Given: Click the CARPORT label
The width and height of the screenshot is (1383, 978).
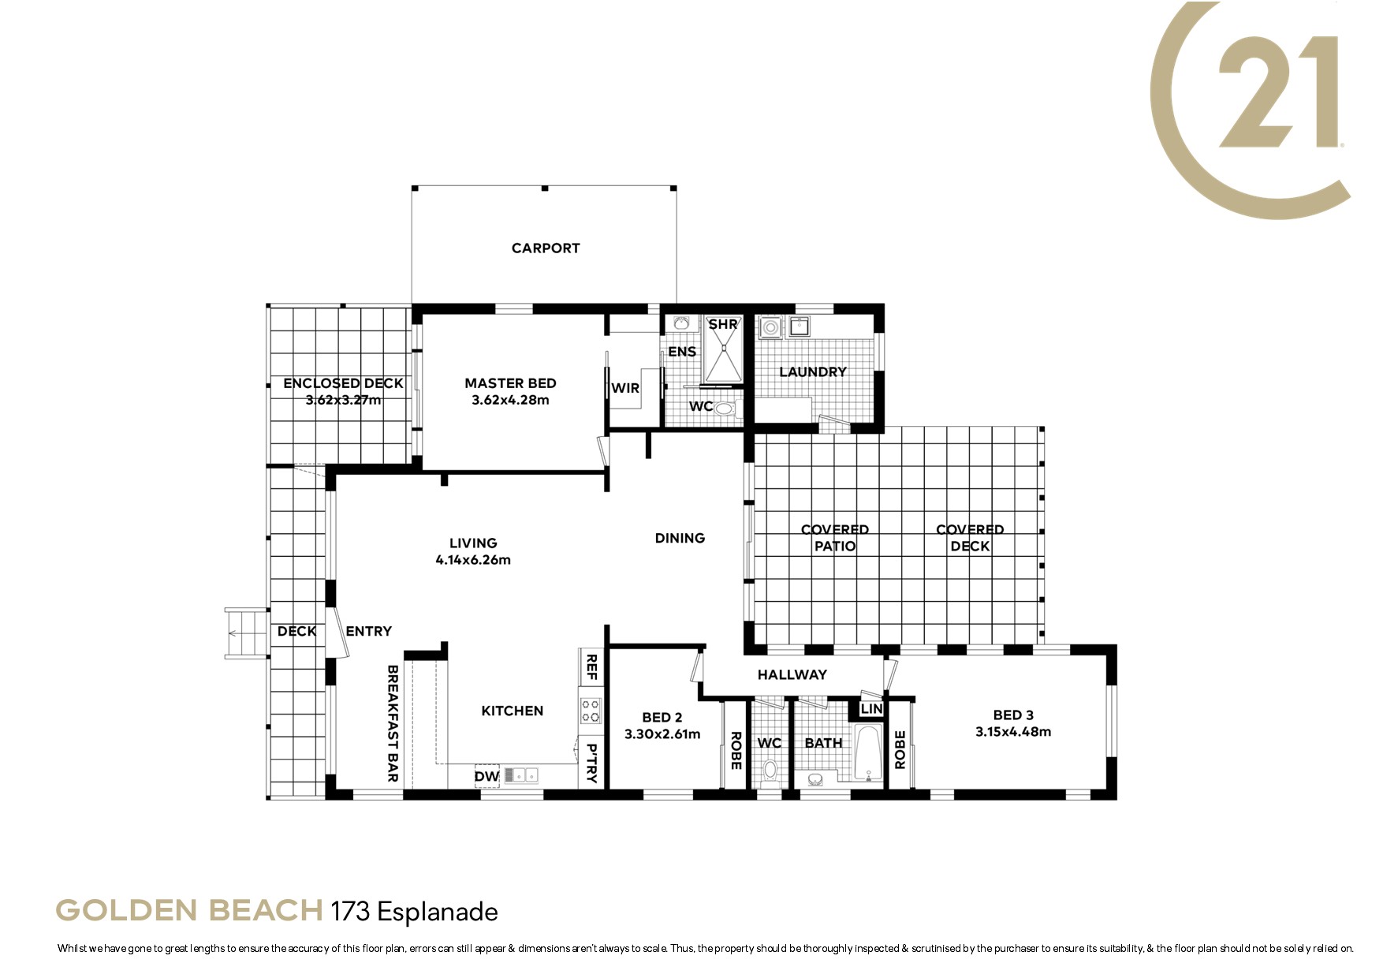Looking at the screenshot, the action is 546,248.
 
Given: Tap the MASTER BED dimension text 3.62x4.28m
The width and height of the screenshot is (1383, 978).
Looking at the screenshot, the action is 510,400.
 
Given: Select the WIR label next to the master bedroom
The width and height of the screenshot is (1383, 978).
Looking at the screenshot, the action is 625,388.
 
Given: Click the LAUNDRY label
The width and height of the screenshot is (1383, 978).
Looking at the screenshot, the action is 813,372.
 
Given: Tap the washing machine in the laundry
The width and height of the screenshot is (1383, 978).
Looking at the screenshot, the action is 770,327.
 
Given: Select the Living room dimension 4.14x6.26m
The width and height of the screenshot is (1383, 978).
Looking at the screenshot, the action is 473,560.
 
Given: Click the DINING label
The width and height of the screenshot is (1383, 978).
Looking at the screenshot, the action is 680,538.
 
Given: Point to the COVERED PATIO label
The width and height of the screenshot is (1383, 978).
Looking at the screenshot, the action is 835,538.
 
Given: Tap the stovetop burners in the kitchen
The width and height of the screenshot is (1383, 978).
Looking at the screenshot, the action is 590,711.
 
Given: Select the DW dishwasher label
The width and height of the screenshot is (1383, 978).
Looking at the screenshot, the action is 486,776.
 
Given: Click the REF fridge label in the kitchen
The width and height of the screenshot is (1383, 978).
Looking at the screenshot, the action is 591,666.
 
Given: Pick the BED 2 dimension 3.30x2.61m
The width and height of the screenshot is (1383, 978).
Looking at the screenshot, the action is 662,734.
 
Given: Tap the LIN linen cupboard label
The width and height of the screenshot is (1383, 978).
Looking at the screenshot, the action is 871,709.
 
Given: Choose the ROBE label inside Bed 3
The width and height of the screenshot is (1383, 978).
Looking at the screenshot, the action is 900,749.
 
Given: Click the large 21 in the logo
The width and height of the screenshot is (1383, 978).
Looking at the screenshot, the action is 1278,91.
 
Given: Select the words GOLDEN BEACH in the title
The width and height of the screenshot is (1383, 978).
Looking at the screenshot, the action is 189,911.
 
